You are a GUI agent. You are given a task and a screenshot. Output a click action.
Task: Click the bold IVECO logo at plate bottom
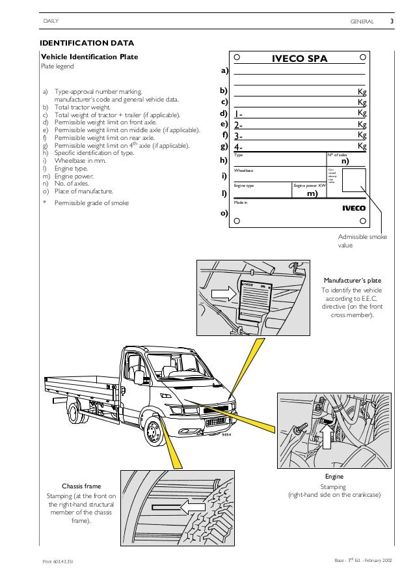coord(354,209)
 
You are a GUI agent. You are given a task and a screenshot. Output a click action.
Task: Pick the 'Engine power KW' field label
coord(308,186)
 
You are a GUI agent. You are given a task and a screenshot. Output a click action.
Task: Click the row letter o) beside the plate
coord(224,213)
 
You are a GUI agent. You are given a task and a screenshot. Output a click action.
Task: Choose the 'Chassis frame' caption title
coord(81,486)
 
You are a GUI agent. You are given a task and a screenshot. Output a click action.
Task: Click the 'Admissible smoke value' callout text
coord(362,242)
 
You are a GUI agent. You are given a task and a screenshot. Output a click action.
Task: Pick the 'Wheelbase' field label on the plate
coord(244,170)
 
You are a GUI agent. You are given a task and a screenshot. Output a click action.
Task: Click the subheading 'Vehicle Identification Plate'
coord(88,57)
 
